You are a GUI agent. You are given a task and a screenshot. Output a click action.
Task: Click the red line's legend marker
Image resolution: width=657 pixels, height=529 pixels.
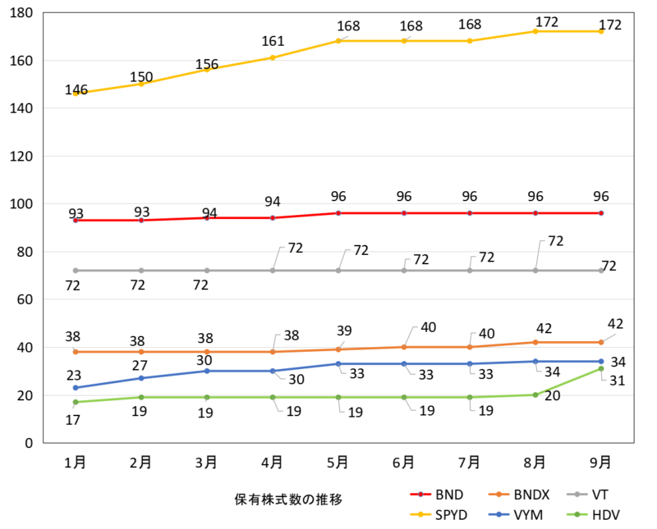420,495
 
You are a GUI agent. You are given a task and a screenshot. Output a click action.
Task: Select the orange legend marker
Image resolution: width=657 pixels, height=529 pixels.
498,495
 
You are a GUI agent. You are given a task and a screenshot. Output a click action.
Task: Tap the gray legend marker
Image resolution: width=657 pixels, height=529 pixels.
577,495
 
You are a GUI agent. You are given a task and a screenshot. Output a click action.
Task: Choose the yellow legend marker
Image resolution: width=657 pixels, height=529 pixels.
420,514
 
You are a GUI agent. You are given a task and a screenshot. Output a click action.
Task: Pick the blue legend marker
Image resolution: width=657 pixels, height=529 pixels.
498,514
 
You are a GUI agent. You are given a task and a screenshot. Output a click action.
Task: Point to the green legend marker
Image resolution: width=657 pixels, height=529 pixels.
577,514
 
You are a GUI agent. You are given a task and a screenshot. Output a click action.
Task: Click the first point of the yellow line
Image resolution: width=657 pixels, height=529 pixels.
76,94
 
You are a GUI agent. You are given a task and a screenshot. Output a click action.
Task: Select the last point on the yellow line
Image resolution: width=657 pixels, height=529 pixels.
601,31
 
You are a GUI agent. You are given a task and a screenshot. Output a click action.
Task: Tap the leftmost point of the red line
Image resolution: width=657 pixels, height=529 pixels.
76,221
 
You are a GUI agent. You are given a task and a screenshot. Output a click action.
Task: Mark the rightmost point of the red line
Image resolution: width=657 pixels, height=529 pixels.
601,213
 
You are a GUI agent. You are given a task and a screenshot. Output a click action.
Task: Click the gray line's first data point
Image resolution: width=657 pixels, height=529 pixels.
76,271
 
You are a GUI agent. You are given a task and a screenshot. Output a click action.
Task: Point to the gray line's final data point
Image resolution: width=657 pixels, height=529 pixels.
601,271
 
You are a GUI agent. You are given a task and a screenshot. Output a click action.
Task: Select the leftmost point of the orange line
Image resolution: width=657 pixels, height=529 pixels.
76,352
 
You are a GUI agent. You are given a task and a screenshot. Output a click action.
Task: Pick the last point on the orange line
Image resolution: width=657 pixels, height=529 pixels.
601,342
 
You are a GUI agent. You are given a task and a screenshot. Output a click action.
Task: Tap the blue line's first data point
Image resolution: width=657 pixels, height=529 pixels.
76,388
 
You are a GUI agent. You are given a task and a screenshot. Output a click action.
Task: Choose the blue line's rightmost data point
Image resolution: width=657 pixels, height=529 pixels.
601,362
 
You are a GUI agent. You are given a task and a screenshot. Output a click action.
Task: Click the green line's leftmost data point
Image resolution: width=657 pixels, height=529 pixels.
76,403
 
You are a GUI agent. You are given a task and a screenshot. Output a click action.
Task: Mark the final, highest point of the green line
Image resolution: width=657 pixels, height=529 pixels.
601,369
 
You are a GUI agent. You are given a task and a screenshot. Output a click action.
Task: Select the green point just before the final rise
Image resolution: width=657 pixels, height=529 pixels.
535,395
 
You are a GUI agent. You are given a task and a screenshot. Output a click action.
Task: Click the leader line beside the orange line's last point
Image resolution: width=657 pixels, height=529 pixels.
610,336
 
